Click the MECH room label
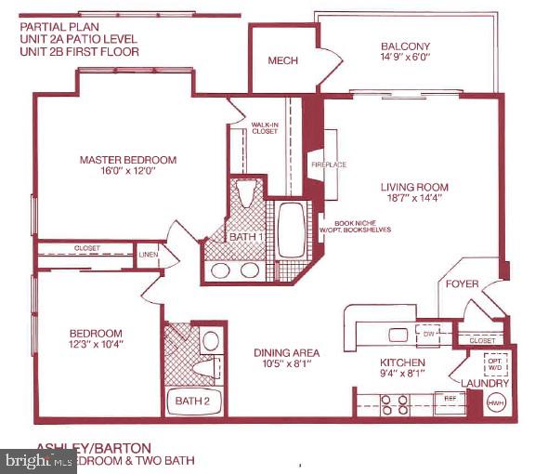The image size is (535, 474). click(x=281, y=60)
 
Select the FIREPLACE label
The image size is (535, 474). click(x=328, y=165)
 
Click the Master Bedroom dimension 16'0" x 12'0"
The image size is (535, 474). click(x=127, y=174)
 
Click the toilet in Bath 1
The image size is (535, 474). click(x=246, y=193)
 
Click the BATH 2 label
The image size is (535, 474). click(x=191, y=402)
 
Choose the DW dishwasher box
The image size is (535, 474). click(x=429, y=334)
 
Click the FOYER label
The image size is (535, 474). click(x=463, y=283)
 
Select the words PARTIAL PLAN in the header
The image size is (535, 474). click(x=57, y=26)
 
